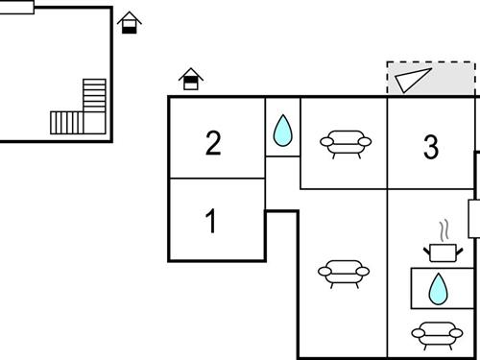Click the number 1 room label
(211, 222)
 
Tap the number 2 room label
(213, 144)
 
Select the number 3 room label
(431, 148)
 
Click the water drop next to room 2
(282, 132)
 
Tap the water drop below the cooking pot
(438, 288)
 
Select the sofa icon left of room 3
(345, 143)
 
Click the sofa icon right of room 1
(345, 273)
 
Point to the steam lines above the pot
(443, 230)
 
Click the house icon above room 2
(192, 78)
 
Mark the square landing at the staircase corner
(94, 122)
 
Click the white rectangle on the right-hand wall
(474, 218)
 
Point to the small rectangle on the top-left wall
(18, 7)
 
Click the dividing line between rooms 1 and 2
(217, 179)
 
